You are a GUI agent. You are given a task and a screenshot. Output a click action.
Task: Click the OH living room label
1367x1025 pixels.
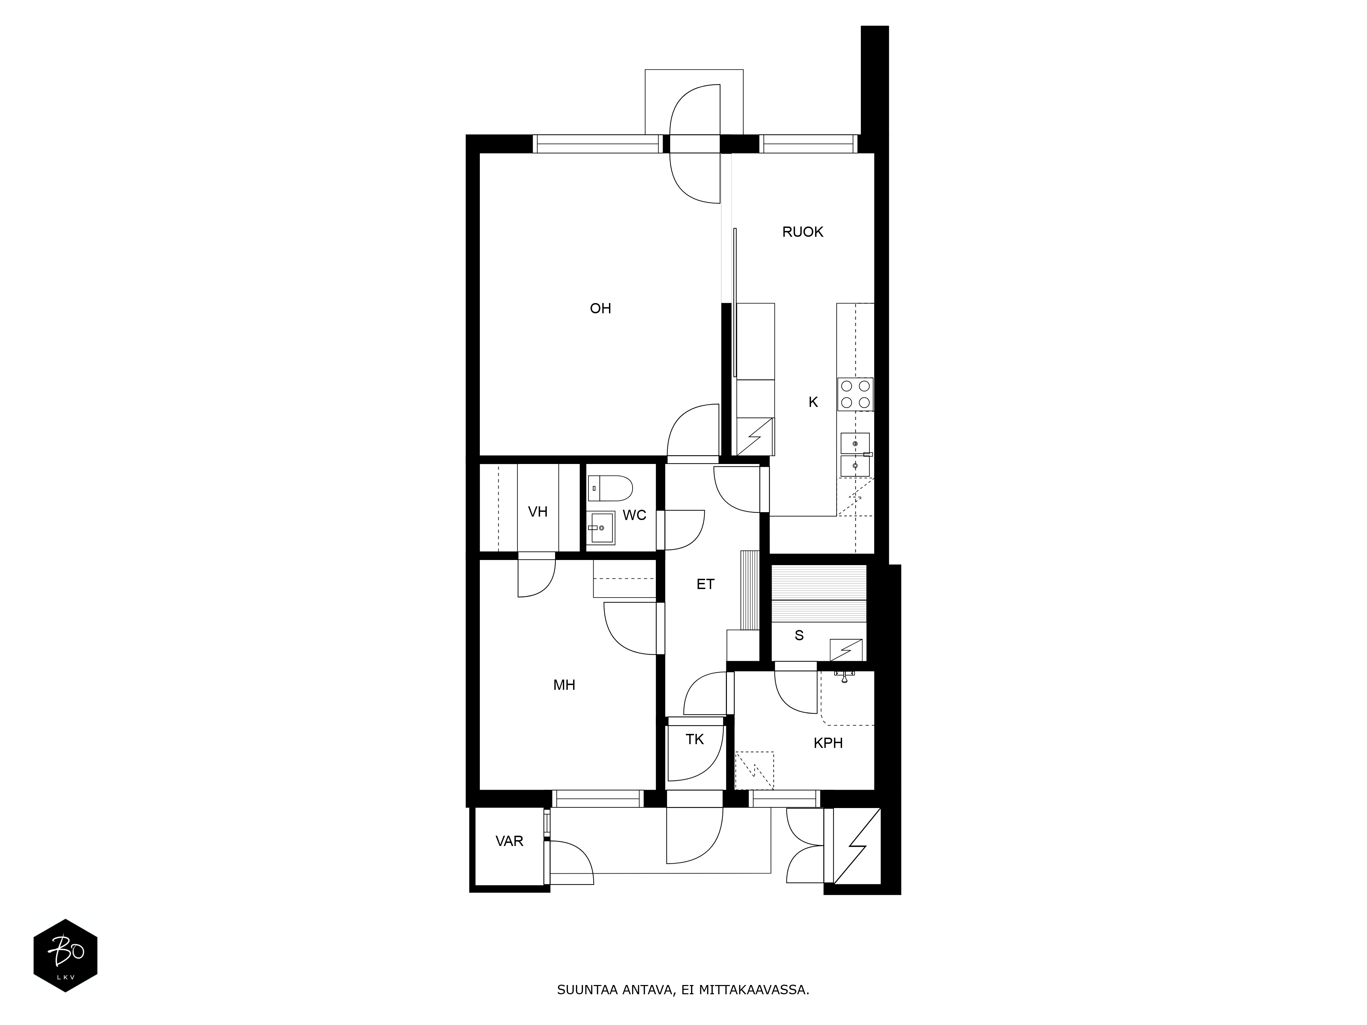pyautogui.click(x=600, y=308)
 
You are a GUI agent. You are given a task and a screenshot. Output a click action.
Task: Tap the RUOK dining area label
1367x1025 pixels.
pyautogui.click(x=803, y=232)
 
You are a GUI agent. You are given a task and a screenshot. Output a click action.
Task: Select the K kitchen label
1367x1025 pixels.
pyautogui.click(x=813, y=402)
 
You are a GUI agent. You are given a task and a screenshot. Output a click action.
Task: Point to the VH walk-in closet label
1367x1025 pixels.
pyautogui.click(x=538, y=511)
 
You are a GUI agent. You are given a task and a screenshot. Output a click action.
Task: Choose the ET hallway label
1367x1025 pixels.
pyautogui.click(x=705, y=584)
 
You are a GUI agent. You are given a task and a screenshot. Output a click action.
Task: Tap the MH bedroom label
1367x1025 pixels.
pyautogui.click(x=564, y=685)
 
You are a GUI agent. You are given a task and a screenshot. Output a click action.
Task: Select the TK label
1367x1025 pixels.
pyautogui.click(x=695, y=739)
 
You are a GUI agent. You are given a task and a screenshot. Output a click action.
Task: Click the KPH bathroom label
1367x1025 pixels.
pyautogui.click(x=828, y=743)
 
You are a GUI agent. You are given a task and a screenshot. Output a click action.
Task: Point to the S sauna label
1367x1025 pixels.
pyautogui.click(x=799, y=635)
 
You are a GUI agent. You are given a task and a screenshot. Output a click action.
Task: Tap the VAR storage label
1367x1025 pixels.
pyautogui.click(x=509, y=841)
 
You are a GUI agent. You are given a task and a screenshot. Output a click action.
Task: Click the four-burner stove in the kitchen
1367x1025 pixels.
pyautogui.click(x=855, y=394)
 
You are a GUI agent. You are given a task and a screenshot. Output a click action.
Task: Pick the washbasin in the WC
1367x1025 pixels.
pyautogui.click(x=601, y=528)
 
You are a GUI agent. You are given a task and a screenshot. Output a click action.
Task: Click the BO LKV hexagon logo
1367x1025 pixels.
pyautogui.click(x=66, y=955)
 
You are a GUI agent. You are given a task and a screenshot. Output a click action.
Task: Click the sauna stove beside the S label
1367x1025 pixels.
pyautogui.click(x=847, y=650)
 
